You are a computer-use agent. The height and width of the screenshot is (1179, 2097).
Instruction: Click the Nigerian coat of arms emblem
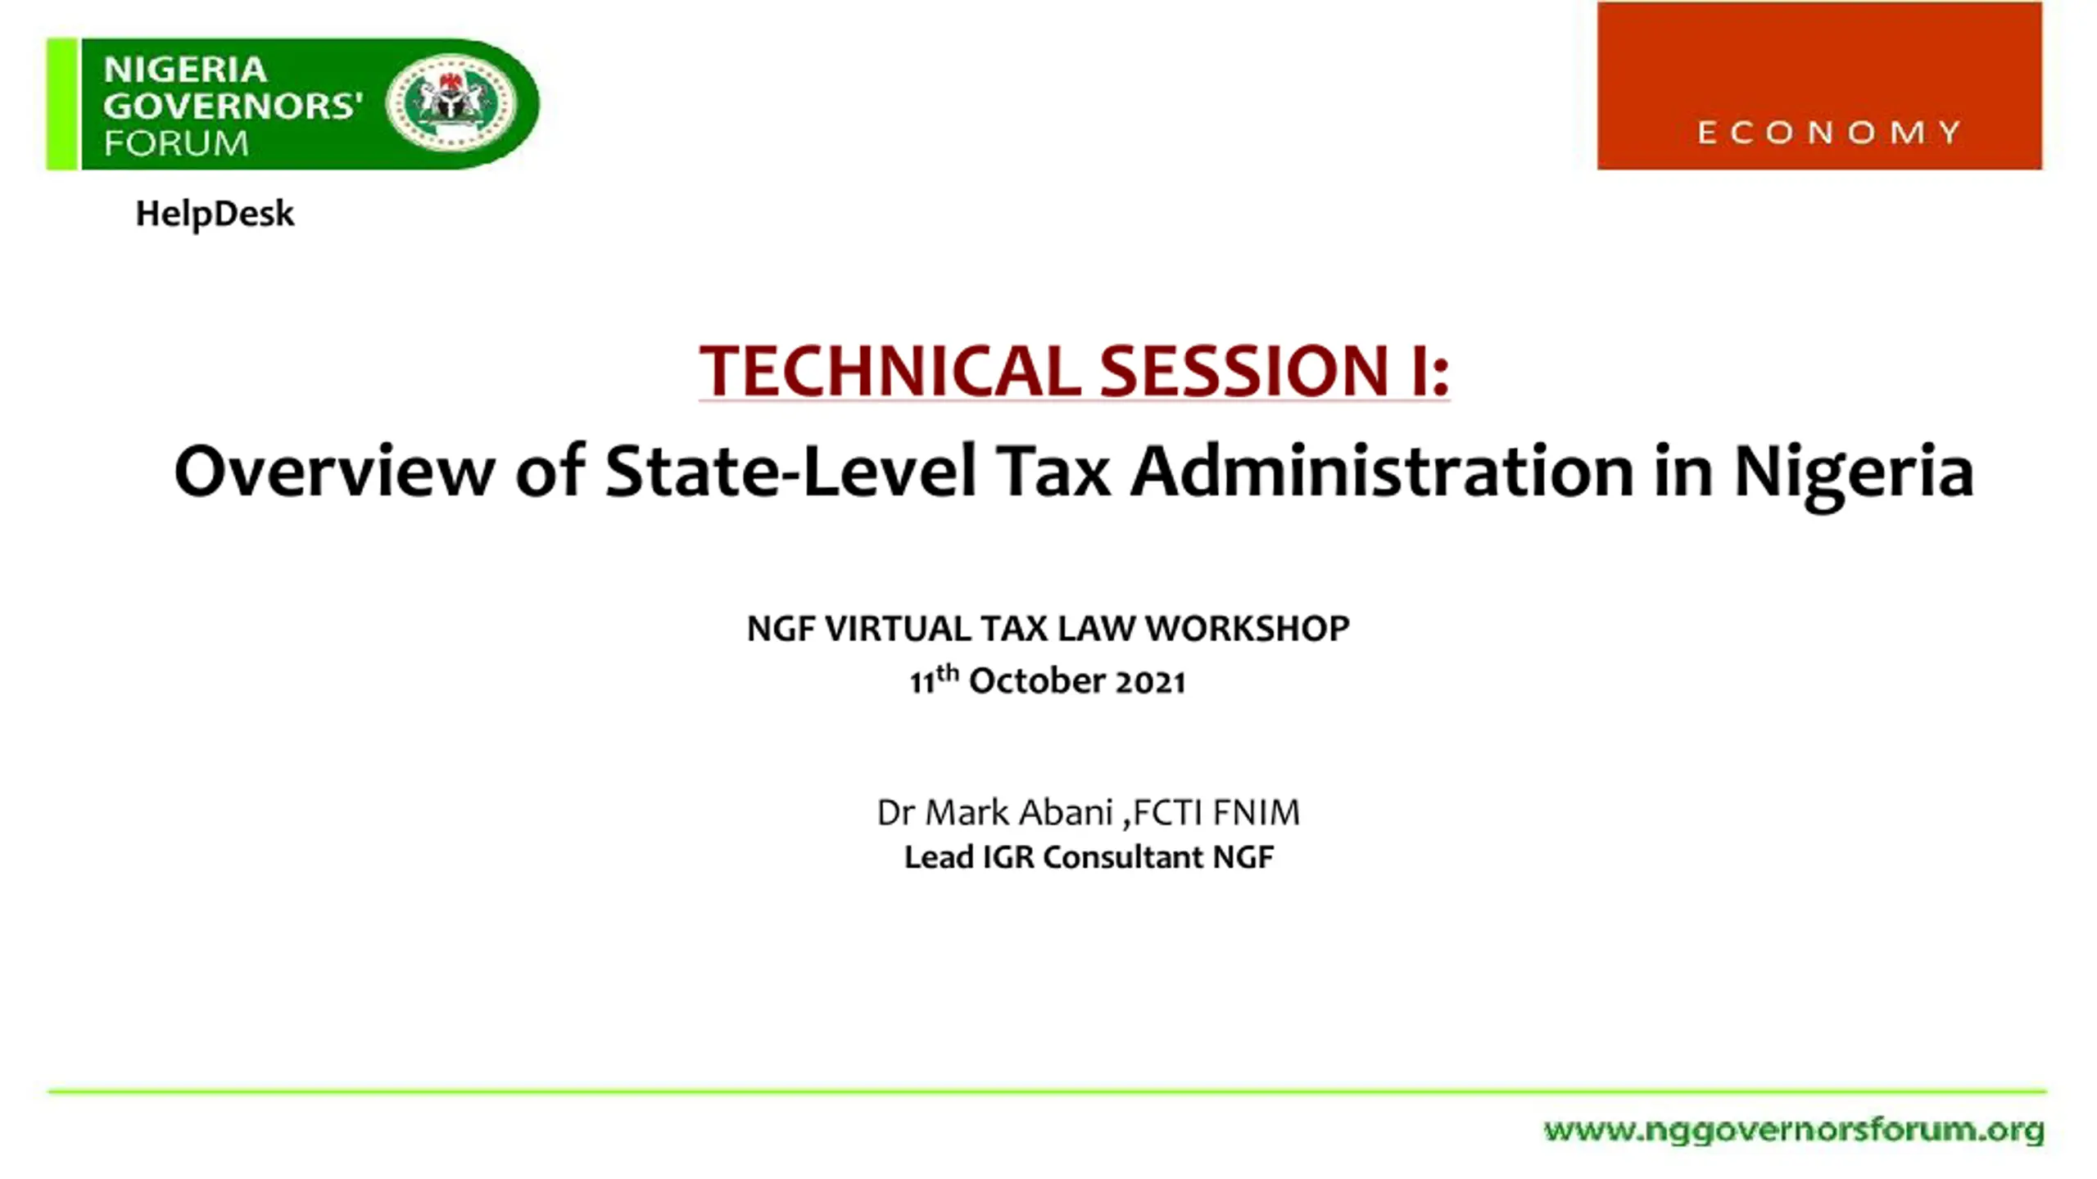pos(451,103)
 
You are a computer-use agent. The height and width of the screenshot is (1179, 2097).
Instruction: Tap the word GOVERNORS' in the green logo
pos(233,106)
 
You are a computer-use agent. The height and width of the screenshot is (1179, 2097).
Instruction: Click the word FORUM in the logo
pos(176,143)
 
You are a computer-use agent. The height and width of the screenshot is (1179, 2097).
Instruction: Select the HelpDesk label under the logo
pos(215,214)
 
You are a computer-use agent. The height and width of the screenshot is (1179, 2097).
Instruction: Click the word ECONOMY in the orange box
pos(1829,133)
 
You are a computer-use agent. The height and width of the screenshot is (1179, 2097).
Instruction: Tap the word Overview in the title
pos(334,471)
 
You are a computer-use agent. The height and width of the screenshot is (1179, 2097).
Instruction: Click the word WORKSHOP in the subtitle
pos(1247,629)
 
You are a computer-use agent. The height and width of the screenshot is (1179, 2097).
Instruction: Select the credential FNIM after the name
pos(1257,812)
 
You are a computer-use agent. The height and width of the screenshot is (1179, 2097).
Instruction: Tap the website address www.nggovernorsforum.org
pos(1794,1131)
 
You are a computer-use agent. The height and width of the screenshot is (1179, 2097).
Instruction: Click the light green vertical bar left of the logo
pos(62,104)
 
